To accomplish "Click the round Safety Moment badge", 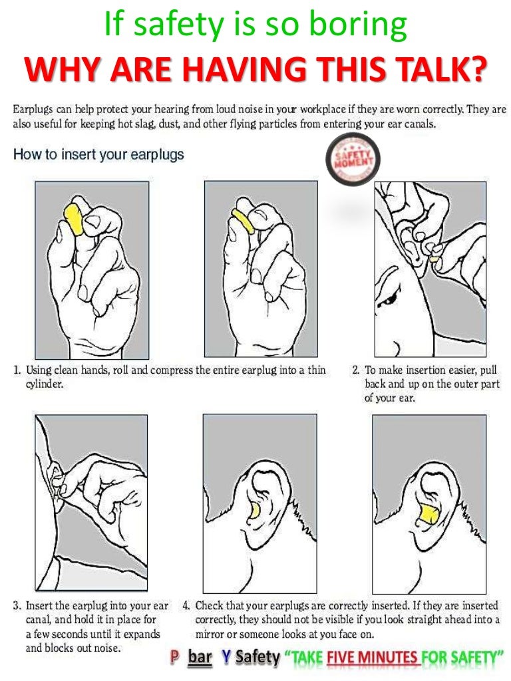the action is pyautogui.click(x=353, y=160).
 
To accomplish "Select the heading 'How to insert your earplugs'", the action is pyautogui.click(x=98, y=154).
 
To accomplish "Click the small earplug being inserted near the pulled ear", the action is pyautogui.click(x=434, y=259).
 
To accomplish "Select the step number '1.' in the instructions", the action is pyautogui.click(x=17, y=370).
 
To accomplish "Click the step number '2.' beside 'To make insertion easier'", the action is pyautogui.click(x=356, y=370).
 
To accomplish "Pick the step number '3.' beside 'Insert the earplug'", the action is pyautogui.click(x=17, y=606).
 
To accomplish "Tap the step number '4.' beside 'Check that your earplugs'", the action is pyautogui.click(x=186, y=606).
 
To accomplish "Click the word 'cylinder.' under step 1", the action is pyautogui.click(x=45, y=384).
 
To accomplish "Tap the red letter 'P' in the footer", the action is pyautogui.click(x=175, y=657).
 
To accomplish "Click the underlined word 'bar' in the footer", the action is pyautogui.click(x=200, y=657).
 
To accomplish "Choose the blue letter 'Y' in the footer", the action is pyautogui.click(x=226, y=657).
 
